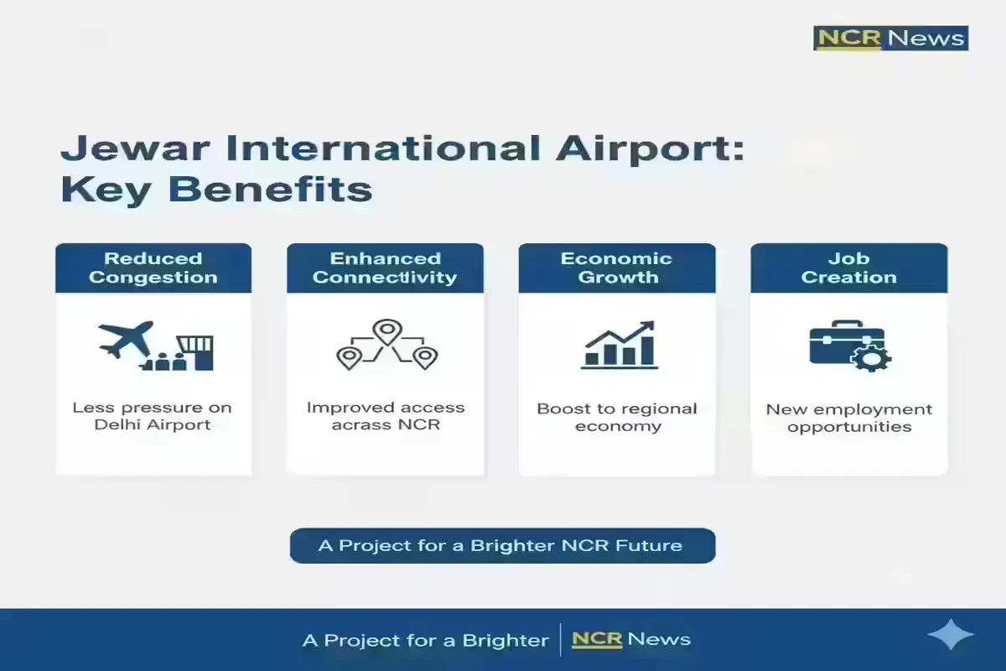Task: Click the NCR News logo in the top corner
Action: point(890,39)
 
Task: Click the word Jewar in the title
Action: point(135,149)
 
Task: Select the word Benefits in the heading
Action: point(270,190)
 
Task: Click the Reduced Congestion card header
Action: point(153,268)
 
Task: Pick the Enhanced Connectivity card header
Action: point(385,268)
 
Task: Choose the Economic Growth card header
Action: point(617,268)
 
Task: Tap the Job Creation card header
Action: point(848,268)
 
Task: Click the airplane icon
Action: point(127,340)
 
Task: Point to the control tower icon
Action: point(196,352)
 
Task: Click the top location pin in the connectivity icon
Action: point(387,331)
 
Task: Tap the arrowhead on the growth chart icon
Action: point(647,327)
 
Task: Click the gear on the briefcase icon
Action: point(871,359)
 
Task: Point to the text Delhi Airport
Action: point(153,424)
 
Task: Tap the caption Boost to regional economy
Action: point(617,418)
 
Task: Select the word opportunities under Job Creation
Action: point(849,427)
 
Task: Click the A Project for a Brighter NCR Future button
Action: point(502,546)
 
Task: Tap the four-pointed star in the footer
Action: point(951,635)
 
